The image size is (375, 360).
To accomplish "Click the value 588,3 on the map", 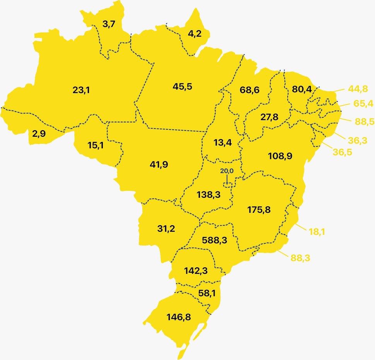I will (214, 240).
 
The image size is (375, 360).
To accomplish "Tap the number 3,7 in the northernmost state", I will (109, 24).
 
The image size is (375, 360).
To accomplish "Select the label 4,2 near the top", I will (194, 34).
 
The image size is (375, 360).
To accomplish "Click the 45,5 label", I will (182, 86).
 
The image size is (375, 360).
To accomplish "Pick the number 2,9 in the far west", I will (39, 134).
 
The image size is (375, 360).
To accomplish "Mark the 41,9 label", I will (159, 165).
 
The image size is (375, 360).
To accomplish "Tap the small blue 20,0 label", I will (227, 170).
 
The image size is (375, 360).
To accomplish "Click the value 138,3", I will (208, 194).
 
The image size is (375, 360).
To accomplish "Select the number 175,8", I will (259, 210).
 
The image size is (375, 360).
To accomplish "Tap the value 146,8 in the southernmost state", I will (179, 317).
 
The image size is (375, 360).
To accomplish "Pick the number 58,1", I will (207, 293).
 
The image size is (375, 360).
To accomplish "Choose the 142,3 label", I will (195, 271).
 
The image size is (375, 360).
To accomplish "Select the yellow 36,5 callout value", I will (343, 152).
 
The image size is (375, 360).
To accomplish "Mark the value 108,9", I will (280, 156).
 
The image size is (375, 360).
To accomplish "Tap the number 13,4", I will (223, 143).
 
